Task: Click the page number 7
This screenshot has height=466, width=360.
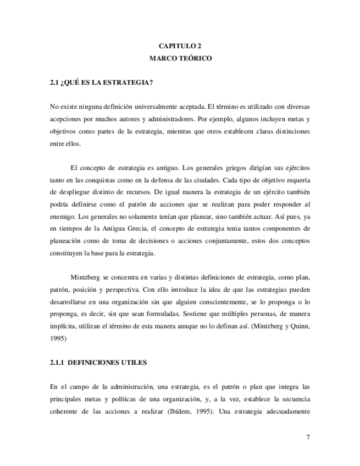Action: coord(308,437)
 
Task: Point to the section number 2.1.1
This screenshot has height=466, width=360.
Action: coord(58,363)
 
